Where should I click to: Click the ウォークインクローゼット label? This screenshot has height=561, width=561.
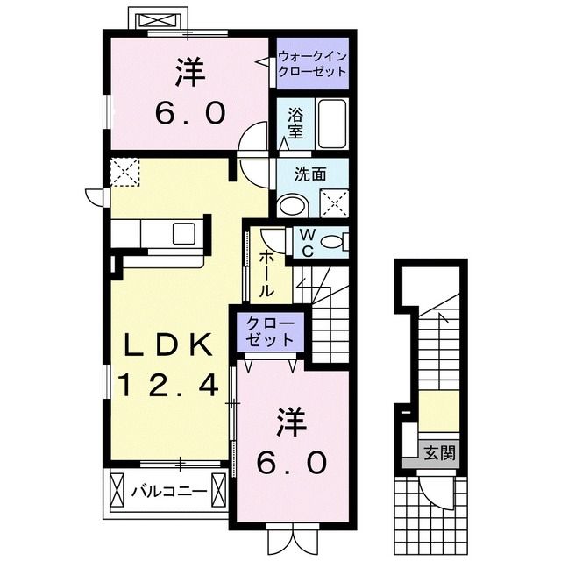[312, 64]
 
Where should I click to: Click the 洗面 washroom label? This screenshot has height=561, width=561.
[311, 174]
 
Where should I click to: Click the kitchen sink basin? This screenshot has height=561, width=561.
[185, 233]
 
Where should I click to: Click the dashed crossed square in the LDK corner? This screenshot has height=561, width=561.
[125, 172]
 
